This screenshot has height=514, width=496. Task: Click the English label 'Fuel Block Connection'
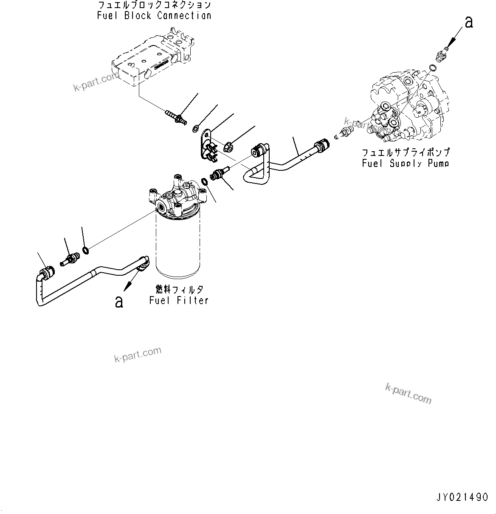(154, 16)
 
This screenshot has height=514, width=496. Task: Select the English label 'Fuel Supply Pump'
(406, 163)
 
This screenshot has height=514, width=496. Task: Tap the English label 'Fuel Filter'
(179, 300)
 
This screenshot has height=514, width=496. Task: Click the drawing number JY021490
(462, 497)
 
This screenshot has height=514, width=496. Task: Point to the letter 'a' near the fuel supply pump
(468, 22)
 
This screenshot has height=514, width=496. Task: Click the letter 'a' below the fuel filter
(119, 301)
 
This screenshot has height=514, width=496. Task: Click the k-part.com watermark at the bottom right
(408, 393)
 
